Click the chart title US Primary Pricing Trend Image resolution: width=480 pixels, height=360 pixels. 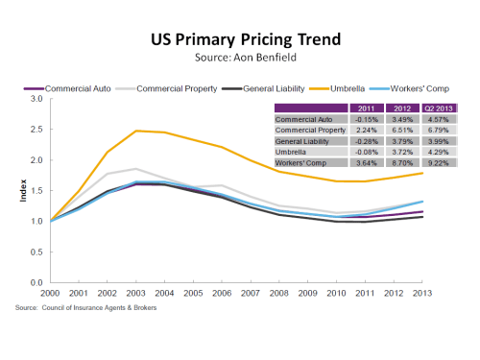(x=239, y=42)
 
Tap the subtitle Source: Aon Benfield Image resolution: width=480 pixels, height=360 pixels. (x=239, y=60)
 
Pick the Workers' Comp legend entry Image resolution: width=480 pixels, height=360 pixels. (x=431, y=89)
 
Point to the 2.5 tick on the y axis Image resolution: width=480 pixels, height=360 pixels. (x=36, y=130)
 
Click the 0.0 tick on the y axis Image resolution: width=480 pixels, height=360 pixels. (x=36, y=283)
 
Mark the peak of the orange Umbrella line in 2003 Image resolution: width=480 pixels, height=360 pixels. (x=136, y=131)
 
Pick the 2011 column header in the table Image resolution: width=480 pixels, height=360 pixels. (x=356, y=109)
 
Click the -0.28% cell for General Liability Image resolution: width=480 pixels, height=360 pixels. (x=356, y=140)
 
